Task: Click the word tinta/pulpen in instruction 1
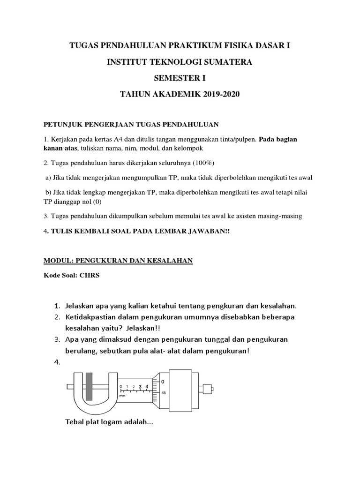pyautogui.click(x=233, y=140)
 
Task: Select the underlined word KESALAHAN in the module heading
pyautogui.click(x=168, y=261)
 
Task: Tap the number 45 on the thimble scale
pyautogui.click(x=163, y=393)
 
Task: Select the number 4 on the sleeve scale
pyautogui.click(x=148, y=386)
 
